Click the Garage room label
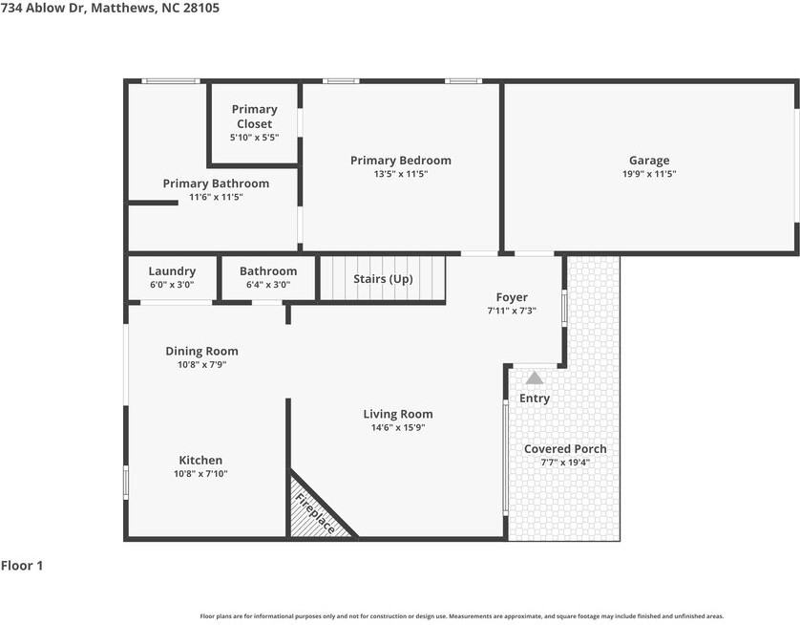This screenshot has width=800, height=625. point(649,161)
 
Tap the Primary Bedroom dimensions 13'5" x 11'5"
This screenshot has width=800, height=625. point(401,174)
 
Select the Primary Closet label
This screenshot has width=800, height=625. point(254,117)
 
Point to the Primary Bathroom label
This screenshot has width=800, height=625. point(216,183)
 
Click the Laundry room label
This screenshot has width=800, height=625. point(172,271)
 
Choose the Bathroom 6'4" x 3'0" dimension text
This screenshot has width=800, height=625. point(268,285)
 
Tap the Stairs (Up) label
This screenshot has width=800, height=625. point(383,279)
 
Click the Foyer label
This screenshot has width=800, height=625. point(512,297)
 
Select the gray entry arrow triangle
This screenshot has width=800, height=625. point(535,378)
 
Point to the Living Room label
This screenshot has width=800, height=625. point(398,414)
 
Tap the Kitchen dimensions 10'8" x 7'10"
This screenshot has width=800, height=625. point(200,473)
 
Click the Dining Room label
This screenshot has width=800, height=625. point(201,351)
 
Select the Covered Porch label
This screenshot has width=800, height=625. point(565,449)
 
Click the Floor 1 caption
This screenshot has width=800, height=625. point(22,565)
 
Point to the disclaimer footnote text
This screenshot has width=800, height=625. point(462,616)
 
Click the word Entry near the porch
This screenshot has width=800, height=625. point(535,399)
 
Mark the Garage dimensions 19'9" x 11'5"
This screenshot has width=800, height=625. point(649,174)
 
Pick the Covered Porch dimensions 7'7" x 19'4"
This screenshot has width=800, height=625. point(565,463)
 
